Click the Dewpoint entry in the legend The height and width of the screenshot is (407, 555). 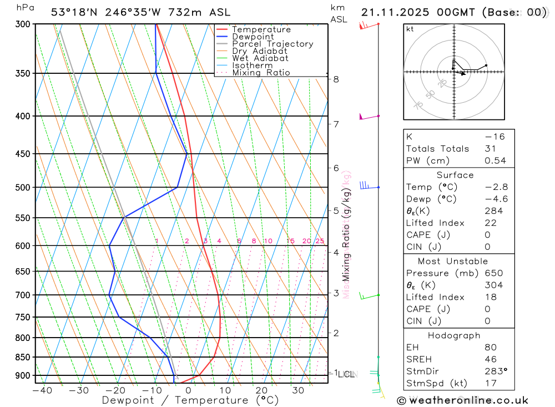[253, 37]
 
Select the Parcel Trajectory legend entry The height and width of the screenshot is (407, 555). [273, 44]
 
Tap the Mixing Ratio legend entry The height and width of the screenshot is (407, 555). [261, 72]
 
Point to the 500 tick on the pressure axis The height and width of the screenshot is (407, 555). [23, 188]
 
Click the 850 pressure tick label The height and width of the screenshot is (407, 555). [23, 357]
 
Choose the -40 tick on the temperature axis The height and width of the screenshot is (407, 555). [42, 390]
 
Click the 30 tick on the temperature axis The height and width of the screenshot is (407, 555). [298, 390]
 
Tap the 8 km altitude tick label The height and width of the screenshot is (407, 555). [336, 79]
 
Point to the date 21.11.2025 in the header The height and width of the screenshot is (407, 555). [397, 12]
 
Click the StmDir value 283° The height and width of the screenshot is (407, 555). [496, 371]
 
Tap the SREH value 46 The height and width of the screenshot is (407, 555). [491, 359]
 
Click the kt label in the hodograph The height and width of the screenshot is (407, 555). [410, 29]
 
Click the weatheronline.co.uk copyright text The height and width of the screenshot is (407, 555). [462, 400]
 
